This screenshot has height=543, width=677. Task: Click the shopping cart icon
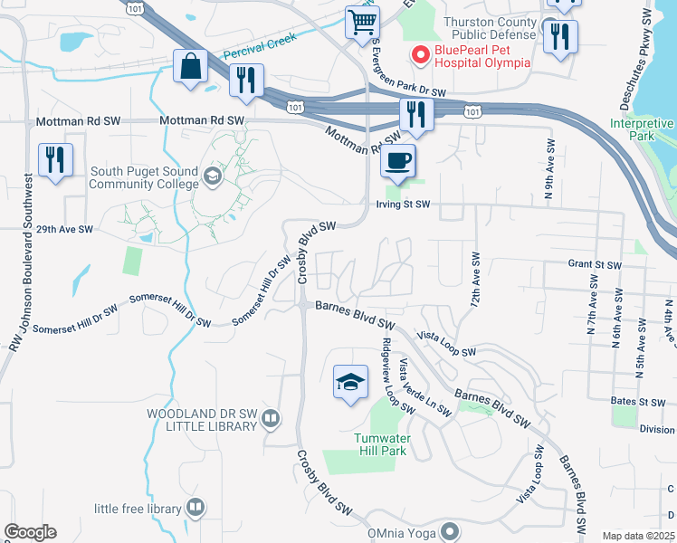pyautogui.click(x=362, y=22)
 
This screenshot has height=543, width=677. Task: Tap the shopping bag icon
pyautogui.click(x=191, y=66)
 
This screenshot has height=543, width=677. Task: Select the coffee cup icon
pyautogui.click(x=397, y=161)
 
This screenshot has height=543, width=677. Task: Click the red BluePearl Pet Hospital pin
pyautogui.click(x=419, y=54)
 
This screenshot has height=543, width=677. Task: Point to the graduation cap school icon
pyautogui.click(x=350, y=382)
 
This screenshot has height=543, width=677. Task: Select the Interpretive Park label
pyautogui.click(x=642, y=129)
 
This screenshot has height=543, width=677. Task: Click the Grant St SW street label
pyautogui.click(x=595, y=265)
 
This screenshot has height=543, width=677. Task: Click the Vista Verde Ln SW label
pyautogui.click(x=424, y=387)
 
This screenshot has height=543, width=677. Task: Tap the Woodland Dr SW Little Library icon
pyautogui.click(x=273, y=417)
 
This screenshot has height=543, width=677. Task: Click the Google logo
pyautogui.click(x=31, y=531)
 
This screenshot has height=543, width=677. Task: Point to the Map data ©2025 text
pyautogui.click(x=639, y=536)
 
